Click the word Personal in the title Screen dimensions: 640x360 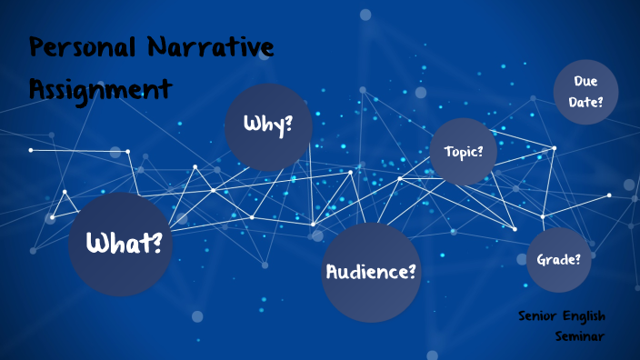pos(80,47)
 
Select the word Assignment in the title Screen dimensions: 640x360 pos(99,88)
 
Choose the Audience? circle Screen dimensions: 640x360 pos(372,272)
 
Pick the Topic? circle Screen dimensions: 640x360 pos(464,151)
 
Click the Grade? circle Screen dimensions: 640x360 pos(559,260)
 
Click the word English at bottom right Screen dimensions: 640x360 pos(585,316)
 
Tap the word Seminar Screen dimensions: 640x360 pos(580,336)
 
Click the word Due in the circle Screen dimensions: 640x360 pos(585,82)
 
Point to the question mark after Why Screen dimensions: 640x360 pos(288,125)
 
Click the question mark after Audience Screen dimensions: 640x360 pos(414,271)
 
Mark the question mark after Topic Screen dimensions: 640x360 pos(479,151)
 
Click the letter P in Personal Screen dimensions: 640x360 pos(37,47)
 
